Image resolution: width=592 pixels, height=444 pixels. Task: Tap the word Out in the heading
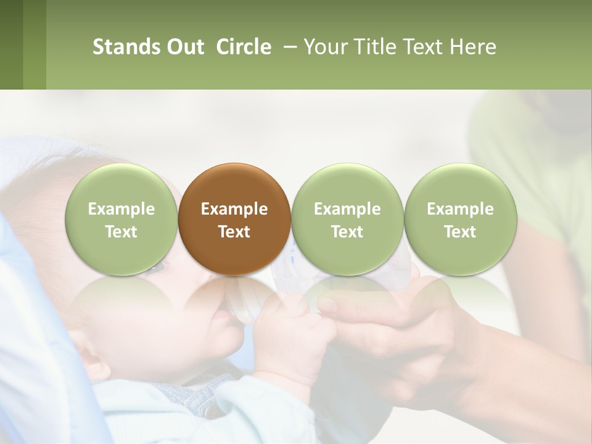184,47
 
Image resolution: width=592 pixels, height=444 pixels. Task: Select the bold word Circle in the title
244,47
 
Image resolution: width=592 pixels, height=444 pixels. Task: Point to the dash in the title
288,47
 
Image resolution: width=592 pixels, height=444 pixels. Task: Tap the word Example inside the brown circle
234,209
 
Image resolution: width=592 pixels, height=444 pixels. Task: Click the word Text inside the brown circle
234,232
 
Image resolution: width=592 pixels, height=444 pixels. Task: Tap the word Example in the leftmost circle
121,209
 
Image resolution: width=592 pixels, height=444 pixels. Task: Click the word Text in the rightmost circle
460,232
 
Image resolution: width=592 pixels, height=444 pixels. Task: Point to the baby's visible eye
158,267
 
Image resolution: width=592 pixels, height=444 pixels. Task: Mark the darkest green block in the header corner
11,44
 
